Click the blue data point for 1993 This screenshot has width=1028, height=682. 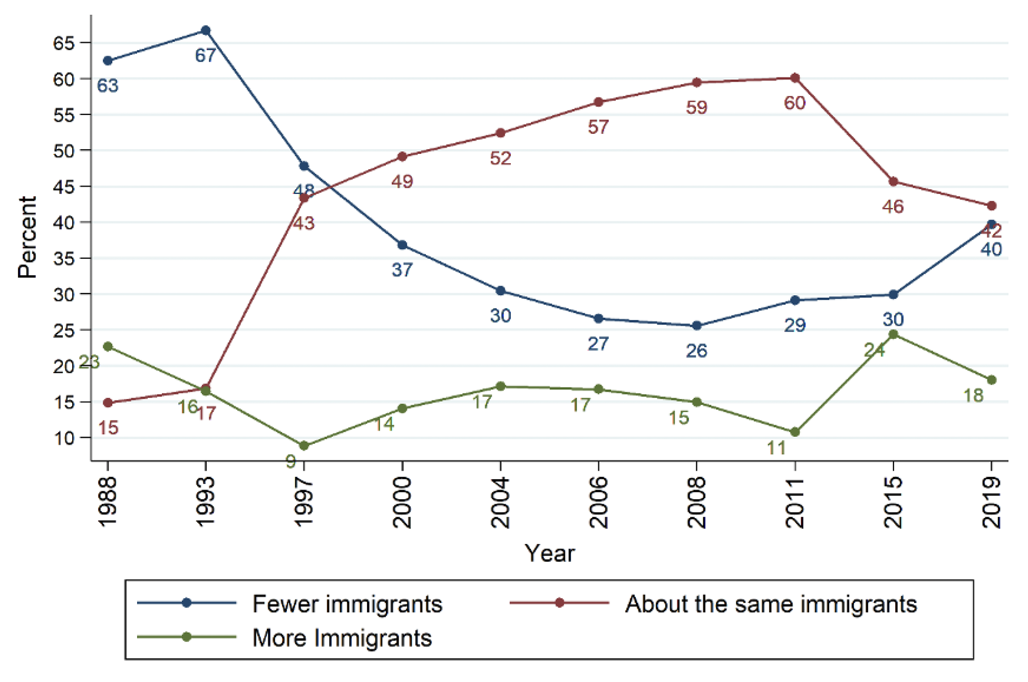click(206, 31)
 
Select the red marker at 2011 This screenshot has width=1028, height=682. click(795, 78)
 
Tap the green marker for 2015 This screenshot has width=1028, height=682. click(893, 335)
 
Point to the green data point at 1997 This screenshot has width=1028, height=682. click(304, 446)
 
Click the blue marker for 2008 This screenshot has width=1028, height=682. click(696, 326)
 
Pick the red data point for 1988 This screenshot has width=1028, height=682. click(108, 403)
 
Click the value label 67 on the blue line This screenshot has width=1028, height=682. click(206, 55)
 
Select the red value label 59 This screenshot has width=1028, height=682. click(696, 108)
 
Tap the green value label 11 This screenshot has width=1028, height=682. click(776, 448)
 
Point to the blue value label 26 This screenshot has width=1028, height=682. click(696, 351)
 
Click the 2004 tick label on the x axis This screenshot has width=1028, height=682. click(500, 502)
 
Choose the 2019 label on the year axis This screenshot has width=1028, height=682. click(992, 502)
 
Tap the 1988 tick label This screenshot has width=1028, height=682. click(108, 502)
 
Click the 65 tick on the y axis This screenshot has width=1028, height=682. click(64, 43)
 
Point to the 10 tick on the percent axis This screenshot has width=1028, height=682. click(64, 438)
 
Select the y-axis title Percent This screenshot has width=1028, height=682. click(27, 237)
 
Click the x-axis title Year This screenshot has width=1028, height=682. click(549, 553)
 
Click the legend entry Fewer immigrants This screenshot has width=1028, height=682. click(347, 604)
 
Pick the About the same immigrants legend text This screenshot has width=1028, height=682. click(771, 604)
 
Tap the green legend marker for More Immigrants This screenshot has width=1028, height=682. click(186, 637)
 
